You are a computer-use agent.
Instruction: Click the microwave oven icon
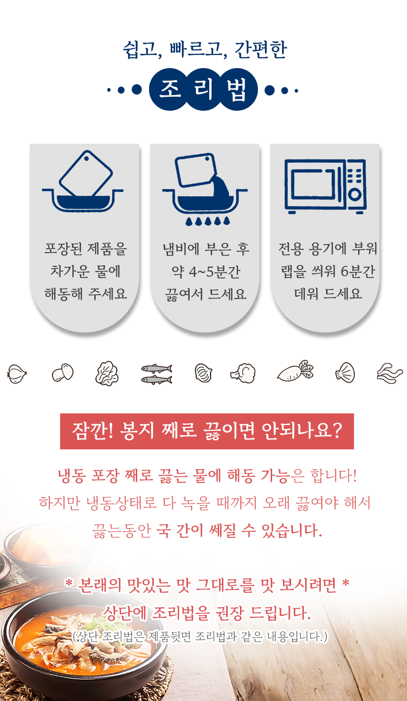pos(325,186)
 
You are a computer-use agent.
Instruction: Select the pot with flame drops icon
pos(205,189)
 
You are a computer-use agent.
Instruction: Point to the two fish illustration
pos(156,374)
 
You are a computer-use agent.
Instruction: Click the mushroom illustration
pos(62,372)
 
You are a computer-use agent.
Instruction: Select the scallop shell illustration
pos(345,372)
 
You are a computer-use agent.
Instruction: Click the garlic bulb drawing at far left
pos(17,374)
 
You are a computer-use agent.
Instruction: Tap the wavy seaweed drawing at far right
pos(389,373)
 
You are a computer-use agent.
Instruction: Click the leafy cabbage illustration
pos(107,373)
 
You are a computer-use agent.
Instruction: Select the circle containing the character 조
pos(170,89)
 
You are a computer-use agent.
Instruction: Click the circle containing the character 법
pos(237,89)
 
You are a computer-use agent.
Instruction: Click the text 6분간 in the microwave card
pos(358,271)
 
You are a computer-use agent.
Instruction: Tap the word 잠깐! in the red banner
pos(92,431)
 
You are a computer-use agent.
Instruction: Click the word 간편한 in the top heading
pos(260,50)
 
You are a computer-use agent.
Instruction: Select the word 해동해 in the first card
pos(63,294)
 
